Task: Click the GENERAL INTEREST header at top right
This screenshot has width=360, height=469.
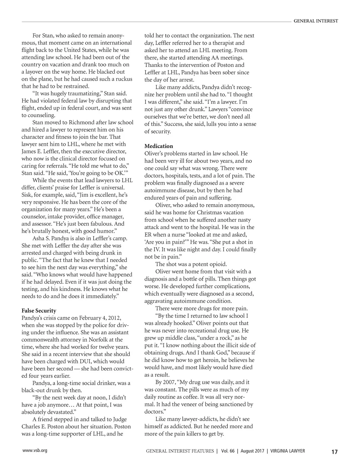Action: pos(316,21)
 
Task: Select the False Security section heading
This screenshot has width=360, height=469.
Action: pos(39,311)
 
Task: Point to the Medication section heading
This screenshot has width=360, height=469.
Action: pos(159,146)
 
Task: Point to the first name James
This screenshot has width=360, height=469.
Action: pos(29,151)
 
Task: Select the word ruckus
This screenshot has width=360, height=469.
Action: pos(123,79)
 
